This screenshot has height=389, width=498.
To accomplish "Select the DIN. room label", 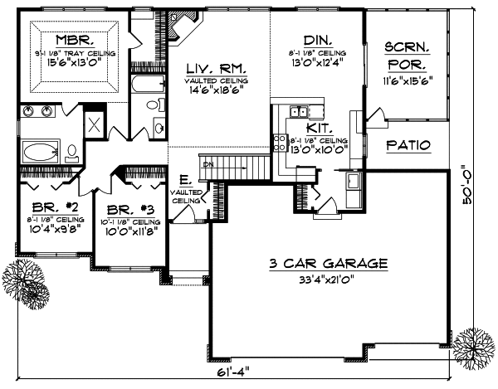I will pyautogui.click(x=317, y=40).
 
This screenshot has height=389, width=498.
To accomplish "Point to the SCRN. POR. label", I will pyautogui.click(x=407, y=56).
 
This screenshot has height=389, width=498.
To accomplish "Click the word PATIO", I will pyautogui.click(x=408, y=145).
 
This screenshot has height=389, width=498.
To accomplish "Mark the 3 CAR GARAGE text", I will pyautogui.click(x=328, y=264).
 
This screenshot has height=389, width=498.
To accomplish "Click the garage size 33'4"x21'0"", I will pyautogui.click(x=328, y=280).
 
